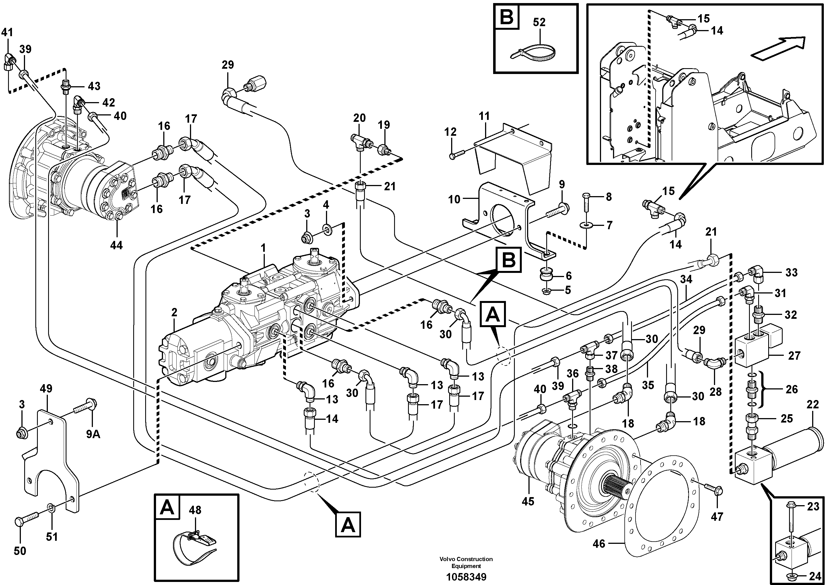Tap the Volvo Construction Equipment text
(466, 562)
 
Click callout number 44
(116, 246)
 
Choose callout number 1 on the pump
(263, 248)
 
